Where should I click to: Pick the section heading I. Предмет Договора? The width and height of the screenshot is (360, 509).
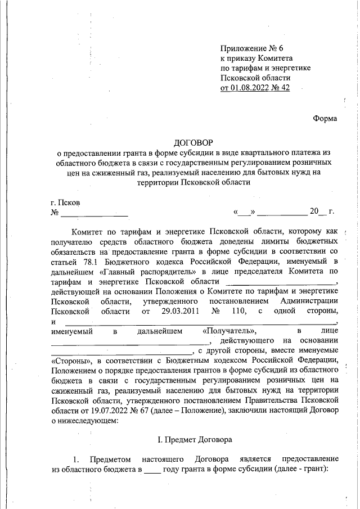pyautogui.click(x=193, y=438)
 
